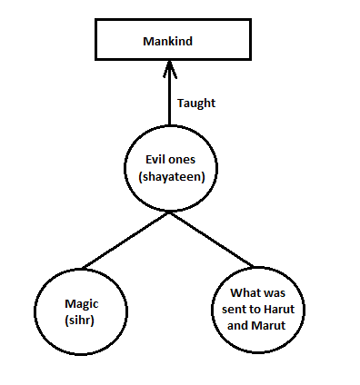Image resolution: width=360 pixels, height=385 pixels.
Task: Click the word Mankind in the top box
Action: pyautogui.click(x=167, y=42)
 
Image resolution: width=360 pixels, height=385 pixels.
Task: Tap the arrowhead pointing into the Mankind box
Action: pyautogui.click(x=167, y=65)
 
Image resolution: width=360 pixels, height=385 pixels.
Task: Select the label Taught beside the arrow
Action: pyautogui.click(x=196, y=103)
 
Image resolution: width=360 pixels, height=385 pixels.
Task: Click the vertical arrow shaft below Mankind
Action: pyautogui.click(x=167, y=100)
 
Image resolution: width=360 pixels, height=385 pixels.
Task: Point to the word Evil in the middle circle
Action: pyautogui.click(x=148, y=161)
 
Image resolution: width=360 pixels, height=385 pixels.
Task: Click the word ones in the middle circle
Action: pyautogui.click(x=181, y=161)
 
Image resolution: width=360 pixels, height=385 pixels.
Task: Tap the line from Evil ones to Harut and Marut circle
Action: pyautogui.click(x=211, y=240)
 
